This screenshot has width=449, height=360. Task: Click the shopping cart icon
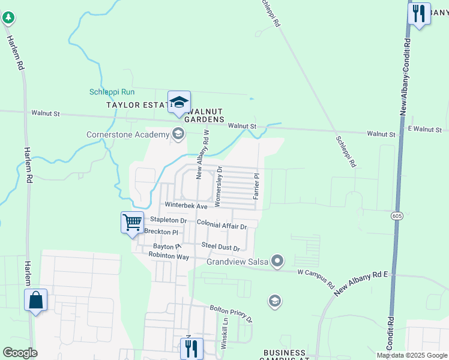click(x=132, y=223)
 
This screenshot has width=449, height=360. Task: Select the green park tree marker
click(x=8, y=18)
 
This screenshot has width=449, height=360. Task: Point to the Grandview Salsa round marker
click(x=277, y=261)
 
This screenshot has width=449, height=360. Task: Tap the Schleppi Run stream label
click(x=112, y=92)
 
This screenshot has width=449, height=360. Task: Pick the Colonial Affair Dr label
click(x=222, y=226)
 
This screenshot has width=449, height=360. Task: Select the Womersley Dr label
click(x=218, y=187)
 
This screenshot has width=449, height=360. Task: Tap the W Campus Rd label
click(x=316, y=280)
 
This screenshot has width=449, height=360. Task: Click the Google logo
click(x=20, y=353)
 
